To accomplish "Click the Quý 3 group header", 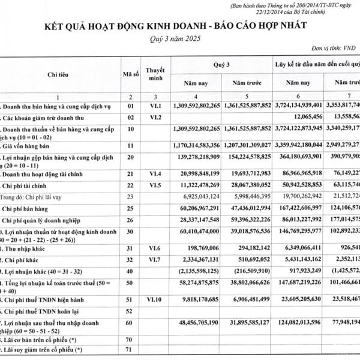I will click(x=221, y=62).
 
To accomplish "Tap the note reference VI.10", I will click(x=155, y=299).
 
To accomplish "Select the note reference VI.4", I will click(x=155, y=173).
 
